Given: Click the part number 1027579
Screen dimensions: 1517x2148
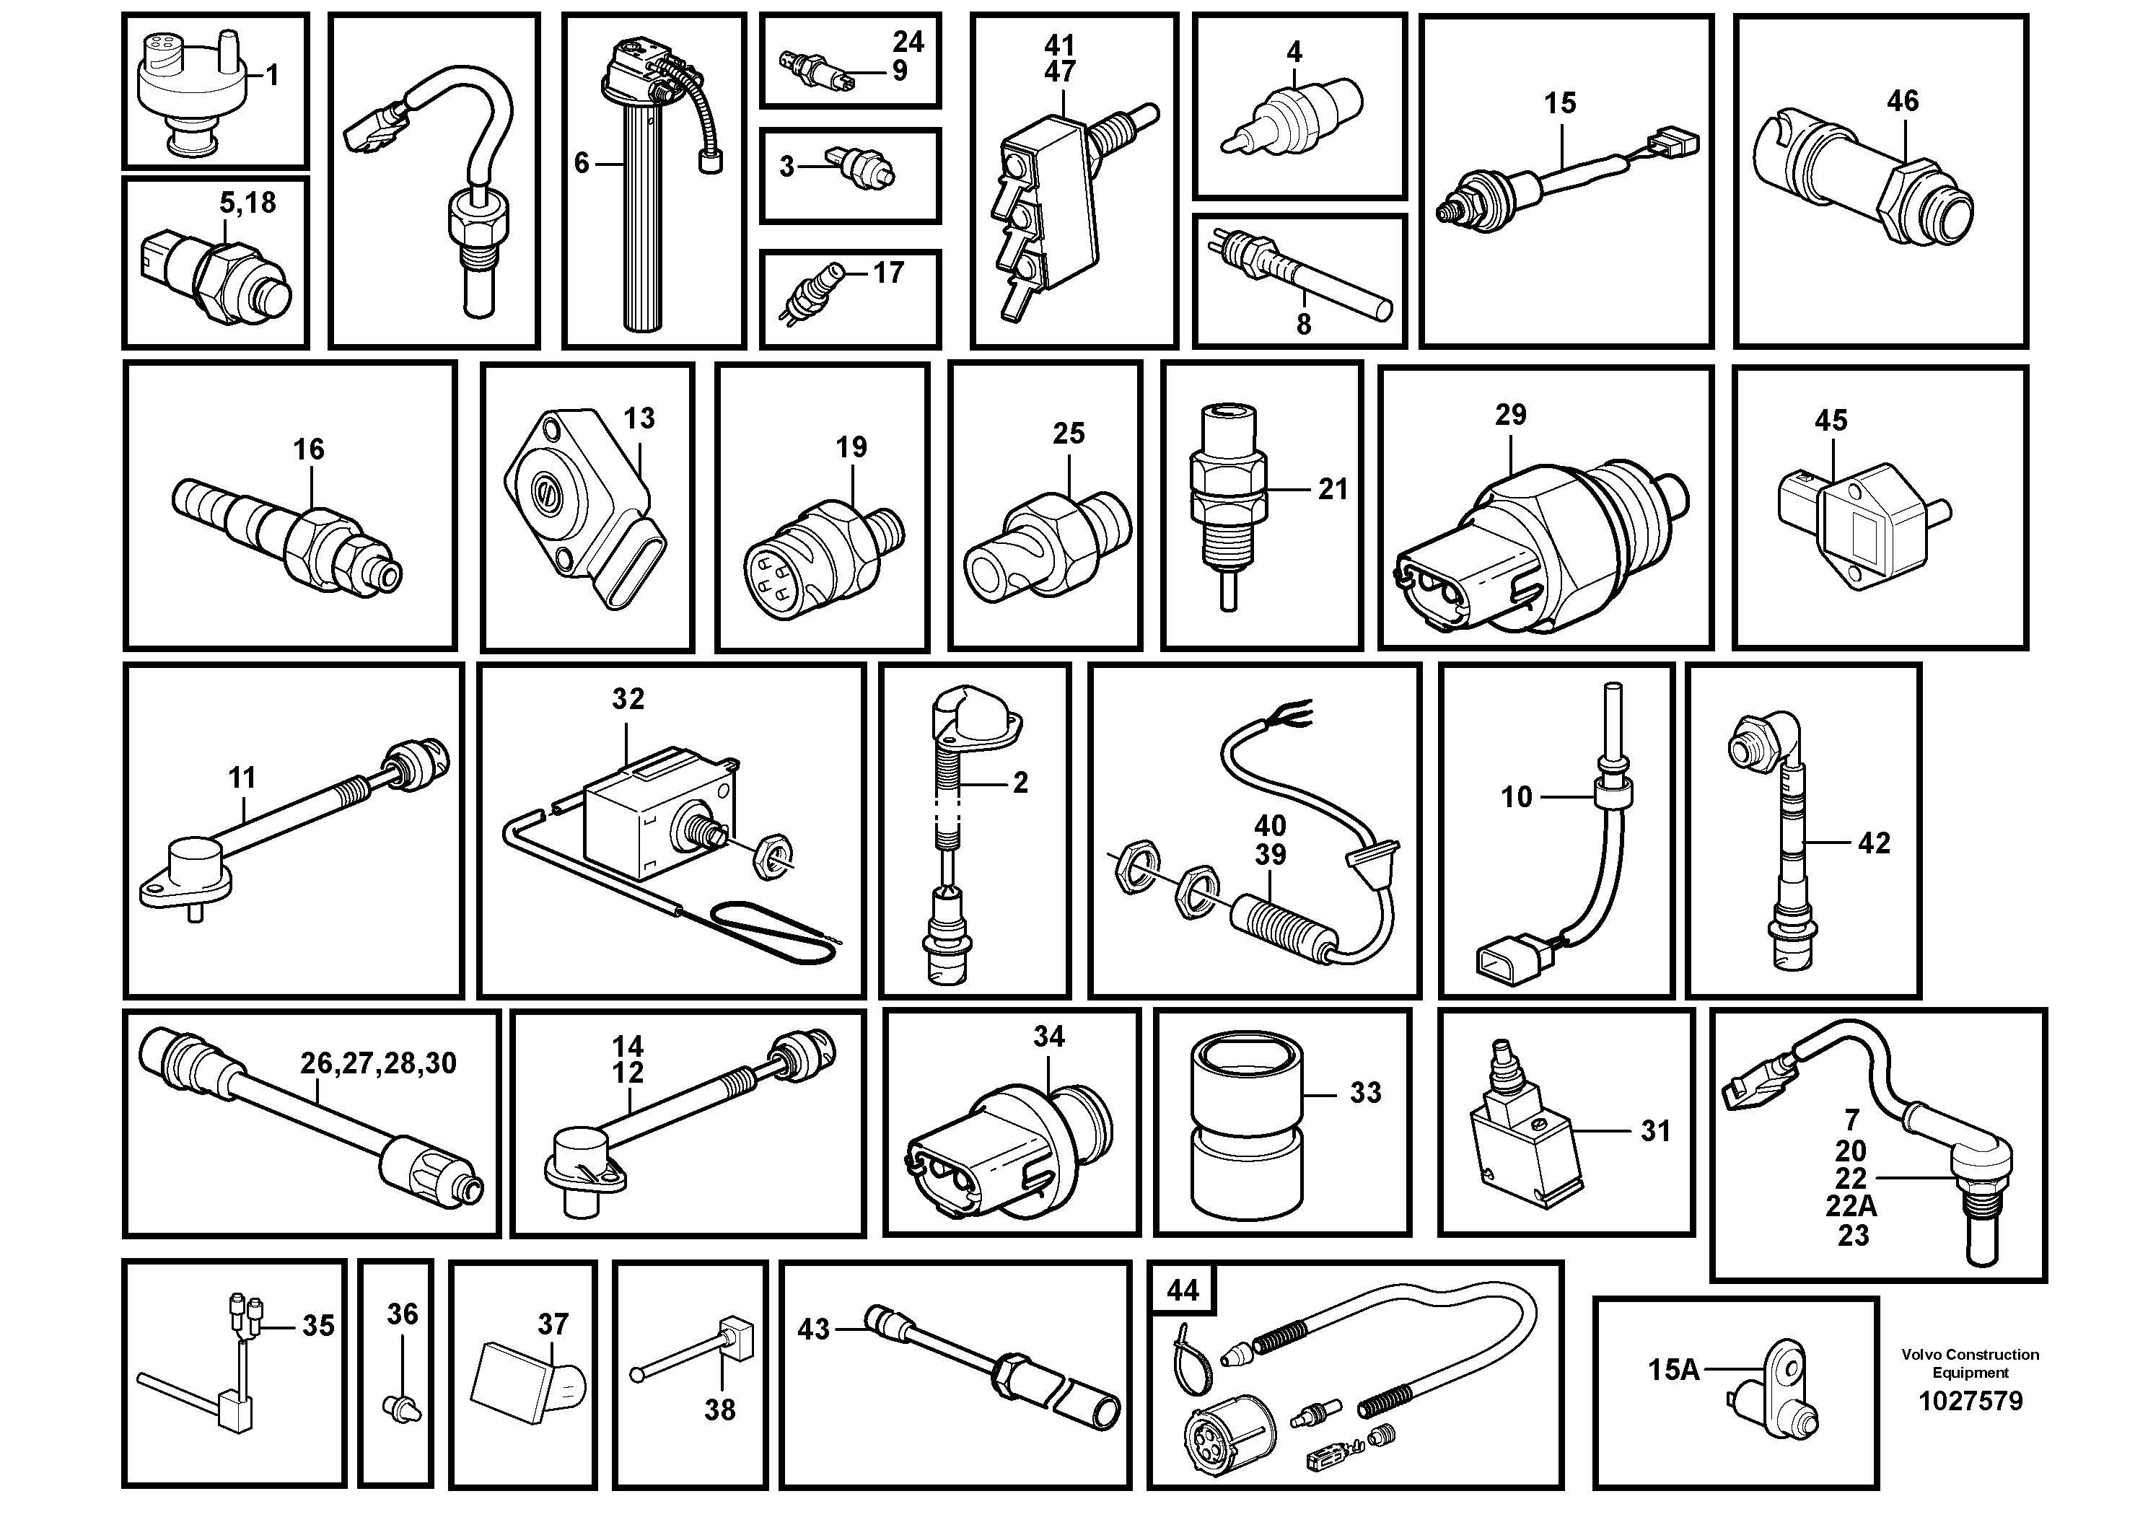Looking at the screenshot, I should pos(1971,1400).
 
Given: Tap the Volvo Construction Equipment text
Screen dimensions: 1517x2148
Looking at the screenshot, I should pos(1971,1363).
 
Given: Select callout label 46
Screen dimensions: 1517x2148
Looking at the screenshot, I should pos(1903,101).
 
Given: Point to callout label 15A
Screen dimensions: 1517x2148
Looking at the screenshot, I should pos(1673,1369).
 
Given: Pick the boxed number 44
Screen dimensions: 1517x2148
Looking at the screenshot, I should pos(1183,1290).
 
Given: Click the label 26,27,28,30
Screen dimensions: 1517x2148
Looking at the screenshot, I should pos(378,1063).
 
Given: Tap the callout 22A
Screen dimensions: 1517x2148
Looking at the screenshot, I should pos(1851,1207).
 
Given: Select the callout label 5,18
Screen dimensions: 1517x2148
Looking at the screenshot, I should pos(248,202).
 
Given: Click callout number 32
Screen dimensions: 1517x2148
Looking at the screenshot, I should pos(628,699).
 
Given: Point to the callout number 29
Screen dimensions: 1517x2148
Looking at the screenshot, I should pos(1510,414).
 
